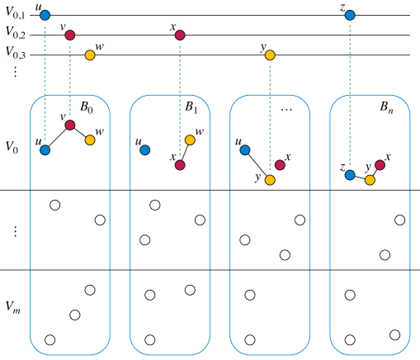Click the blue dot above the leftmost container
point(45,15)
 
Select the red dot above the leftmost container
point(70,36)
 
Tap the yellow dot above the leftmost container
point(90,55)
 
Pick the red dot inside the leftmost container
point(70,126)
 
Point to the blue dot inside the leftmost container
point(45,150)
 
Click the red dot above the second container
point(180,36)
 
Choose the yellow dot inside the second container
point(190,140)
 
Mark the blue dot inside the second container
point(145,150)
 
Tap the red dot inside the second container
point(180,165)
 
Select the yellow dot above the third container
point(270,55)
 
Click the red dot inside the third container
point(280,165)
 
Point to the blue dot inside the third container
point(245,150)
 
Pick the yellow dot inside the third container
point(270,180)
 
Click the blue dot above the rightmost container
point(350,15)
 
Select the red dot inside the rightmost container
point(380,165)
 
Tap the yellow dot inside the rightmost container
point(370,180)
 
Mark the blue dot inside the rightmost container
point(350,175)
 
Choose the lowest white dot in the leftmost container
point(50,340)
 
